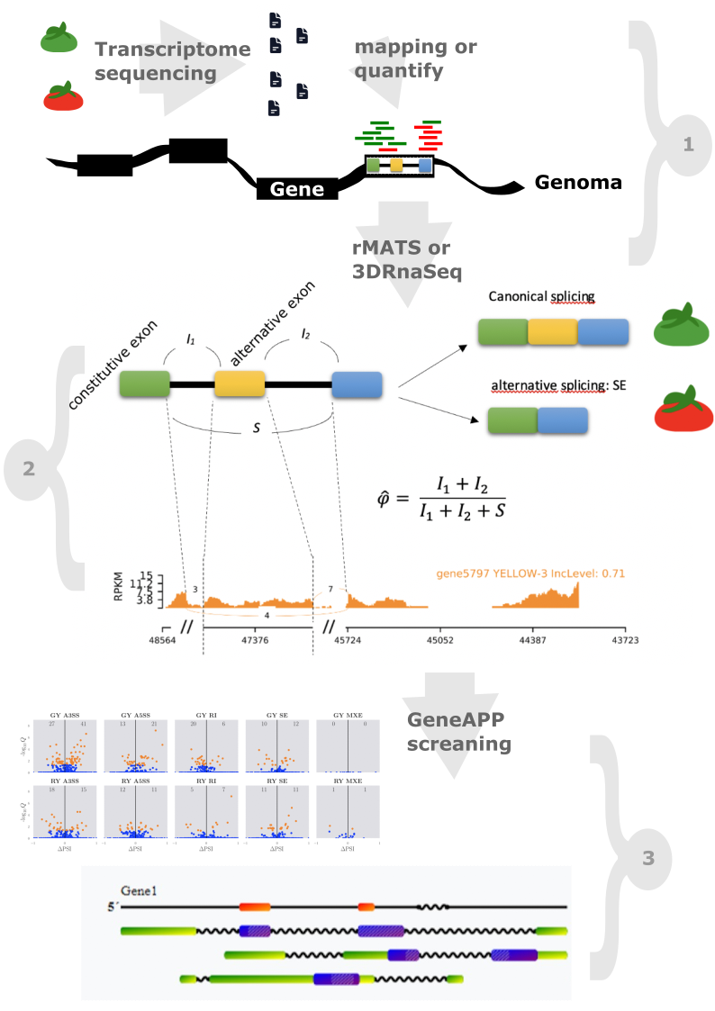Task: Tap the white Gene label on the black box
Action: [x=296, y=189]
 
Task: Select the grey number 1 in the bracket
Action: [x=689, y=142]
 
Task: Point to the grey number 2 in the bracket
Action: [x=28, y=468]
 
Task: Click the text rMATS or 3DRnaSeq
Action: [x=401, y=257]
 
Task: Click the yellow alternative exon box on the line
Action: [x=239, y=384]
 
